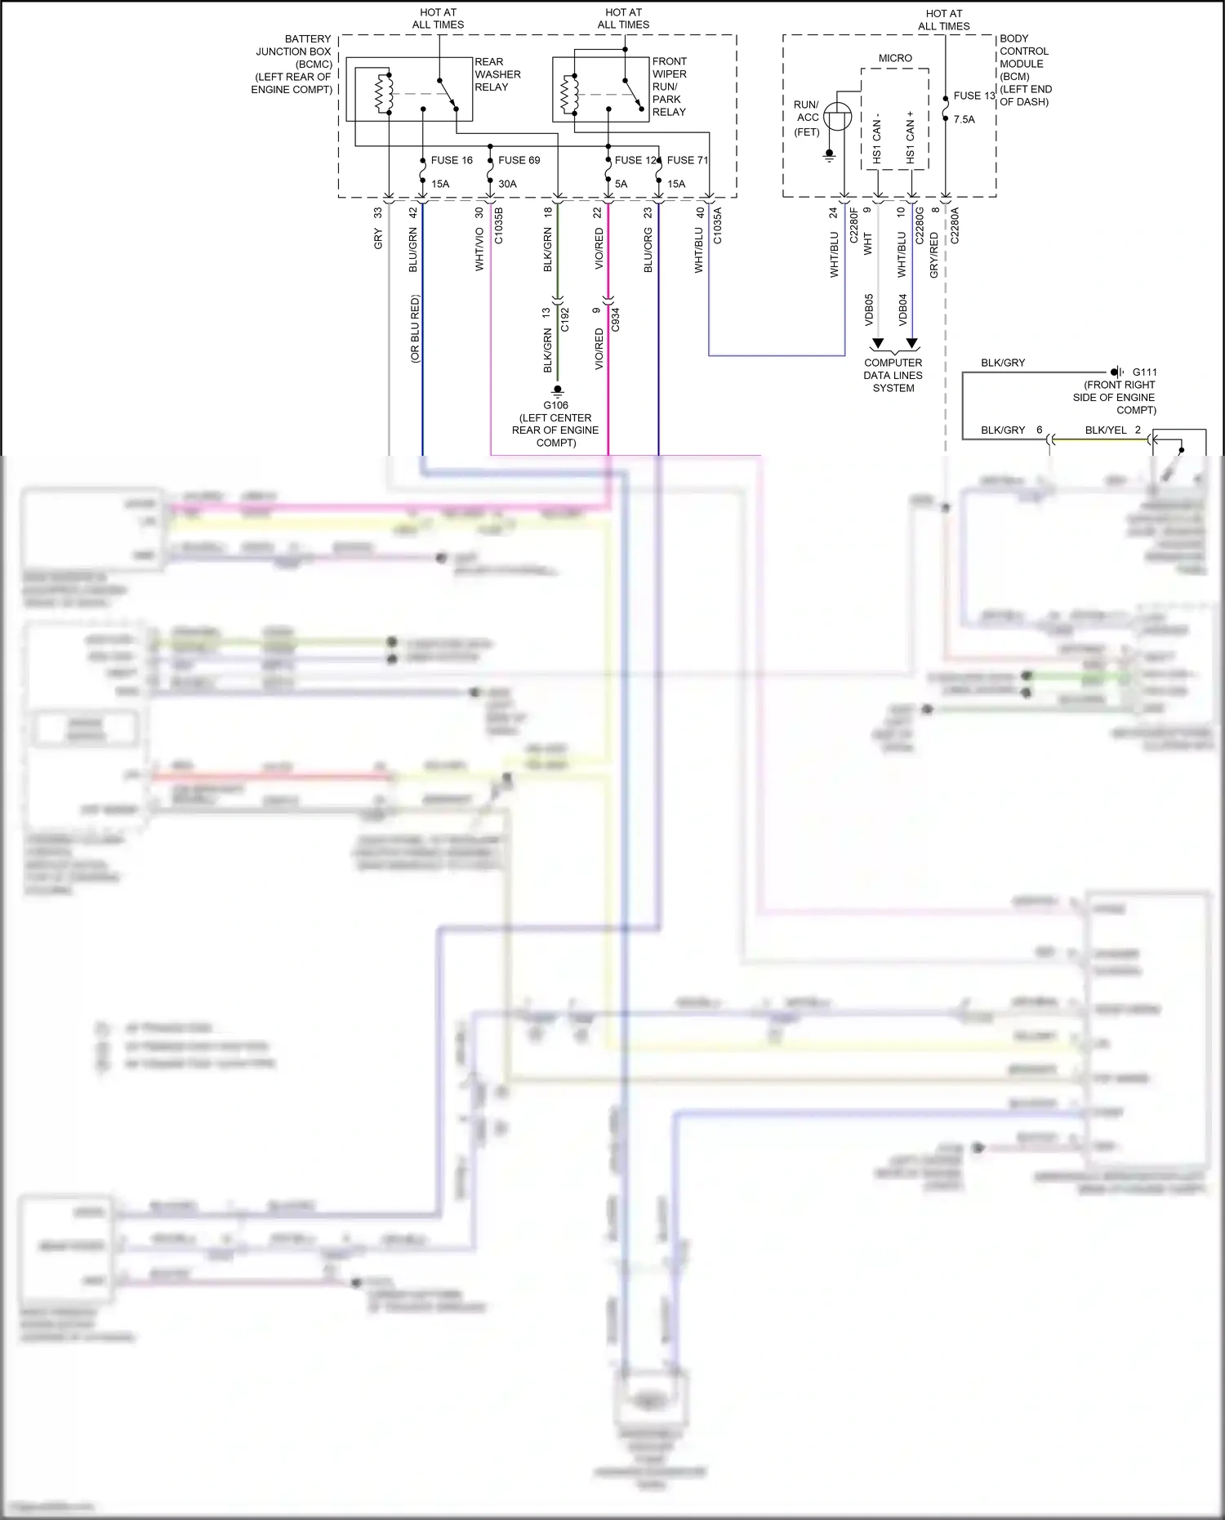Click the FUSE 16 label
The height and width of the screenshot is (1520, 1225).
click(x=452, y=160)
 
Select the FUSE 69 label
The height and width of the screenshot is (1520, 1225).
click(x=519, y=160)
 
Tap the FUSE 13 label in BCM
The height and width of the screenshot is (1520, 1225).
click(x=973, y=96)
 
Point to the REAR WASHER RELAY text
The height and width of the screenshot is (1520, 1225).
click(x=497, y=74)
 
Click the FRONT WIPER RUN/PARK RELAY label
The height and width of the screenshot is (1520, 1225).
click(x=670, y=87)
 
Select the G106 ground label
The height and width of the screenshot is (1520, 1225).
click(x=555, y=405)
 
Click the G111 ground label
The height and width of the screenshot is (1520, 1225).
click(x=1144, y=372)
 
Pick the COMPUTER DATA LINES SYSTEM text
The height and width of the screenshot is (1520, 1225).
click(x=893, y=376)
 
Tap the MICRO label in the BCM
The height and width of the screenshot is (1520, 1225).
click(x=895, y=58)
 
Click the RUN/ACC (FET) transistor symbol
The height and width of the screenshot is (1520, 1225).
click(x=837, y=117)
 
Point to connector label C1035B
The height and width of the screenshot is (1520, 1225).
click(x=499, y=226)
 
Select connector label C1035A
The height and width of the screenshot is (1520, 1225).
click(x=718, y=226)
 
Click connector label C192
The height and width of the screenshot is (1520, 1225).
click(x=564, y=319)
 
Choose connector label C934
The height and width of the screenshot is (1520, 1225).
click(x=616, y=319)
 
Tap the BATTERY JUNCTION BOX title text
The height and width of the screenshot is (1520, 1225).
click(x=293, y=64)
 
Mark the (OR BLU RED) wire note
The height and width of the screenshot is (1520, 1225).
click(x=415, y=328)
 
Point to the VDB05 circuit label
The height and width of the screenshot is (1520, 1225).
click(x=869, y=310)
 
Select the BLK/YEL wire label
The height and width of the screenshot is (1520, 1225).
click(x=1105, y=430)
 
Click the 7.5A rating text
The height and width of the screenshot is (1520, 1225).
click(x=964, y=119)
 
